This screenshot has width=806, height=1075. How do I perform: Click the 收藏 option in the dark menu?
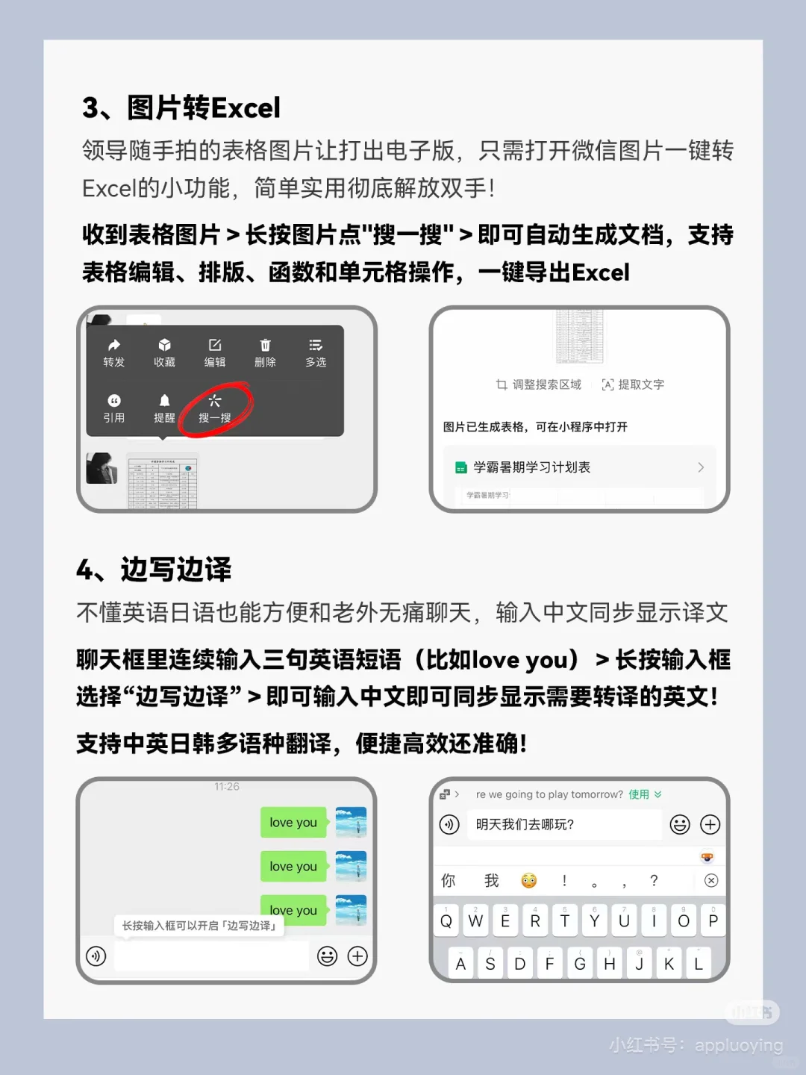[x=164, y=352]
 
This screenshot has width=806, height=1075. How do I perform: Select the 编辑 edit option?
[x=215, y=352]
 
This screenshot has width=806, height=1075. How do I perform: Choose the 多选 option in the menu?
[x=316, y=352]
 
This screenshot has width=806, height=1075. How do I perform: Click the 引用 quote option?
[x=114, y=408]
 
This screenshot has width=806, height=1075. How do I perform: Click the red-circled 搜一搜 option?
[x=215, y=408]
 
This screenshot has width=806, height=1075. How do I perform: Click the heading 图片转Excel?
[x=203, y=108]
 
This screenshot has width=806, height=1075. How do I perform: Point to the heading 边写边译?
[x=175, y=570]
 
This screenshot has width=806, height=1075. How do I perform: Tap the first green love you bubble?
[x=293, y=823]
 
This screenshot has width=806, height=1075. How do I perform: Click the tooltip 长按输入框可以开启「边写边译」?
[x=199, y=926]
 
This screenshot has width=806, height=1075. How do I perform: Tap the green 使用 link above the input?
[x=639, y=794]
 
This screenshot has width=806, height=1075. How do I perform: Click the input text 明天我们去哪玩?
[x=525, y=825]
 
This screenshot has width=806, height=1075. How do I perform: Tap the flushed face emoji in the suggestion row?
[x=529, y=881]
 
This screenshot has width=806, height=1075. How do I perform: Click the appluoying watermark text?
[x=738, y=1045]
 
